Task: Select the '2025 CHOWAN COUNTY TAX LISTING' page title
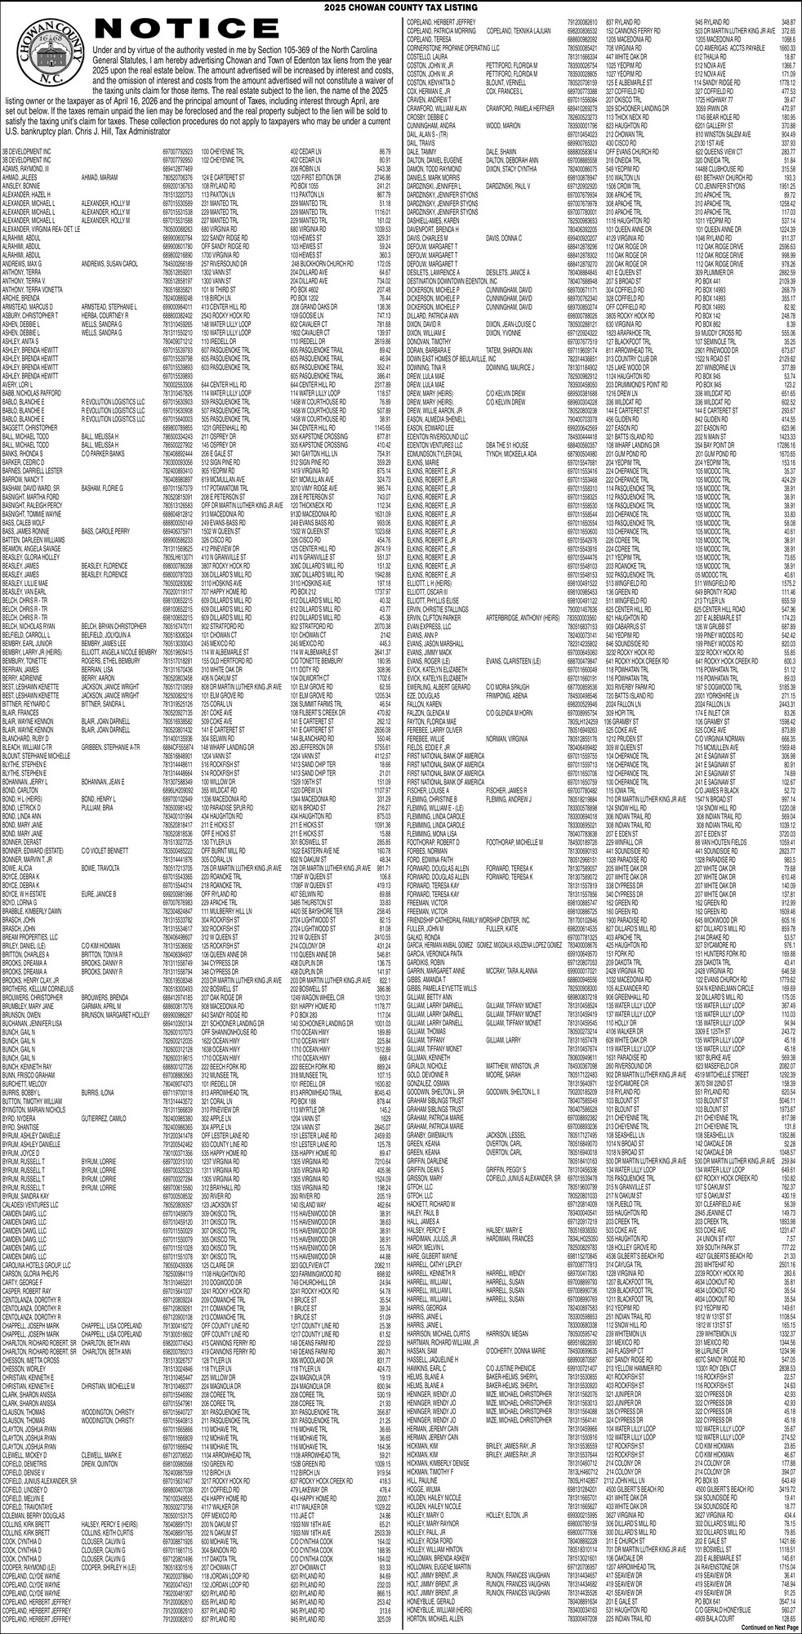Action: [400, 7]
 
